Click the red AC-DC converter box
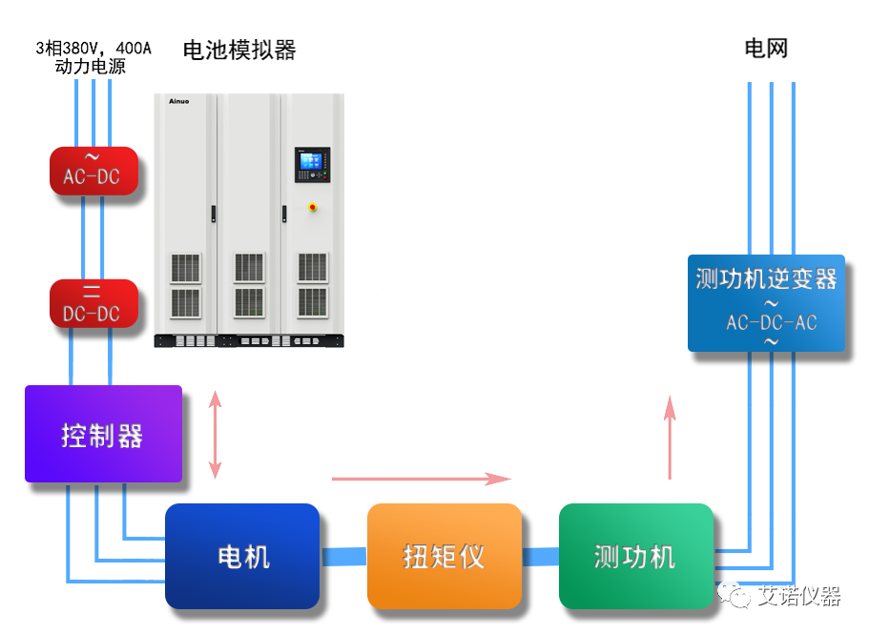click(x=93, y=171)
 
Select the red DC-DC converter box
click(x=93, y=303)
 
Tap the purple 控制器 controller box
click(x=103, y=434)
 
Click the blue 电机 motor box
click(x=242, y=556)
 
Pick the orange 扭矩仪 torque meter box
click(x=445, y=556)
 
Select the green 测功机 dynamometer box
click(x=635, y=556)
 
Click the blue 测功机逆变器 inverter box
click(x=767, y=302)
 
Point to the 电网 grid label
click(x=767, y=49)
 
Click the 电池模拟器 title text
click(x=239, y=50)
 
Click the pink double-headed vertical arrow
click(x=215, y=434)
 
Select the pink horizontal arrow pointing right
click(x=421, y=478)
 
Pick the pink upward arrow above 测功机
click(x=670, y=435)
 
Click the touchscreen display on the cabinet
click(x=311, y=165)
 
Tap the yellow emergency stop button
click(x=312, y=206)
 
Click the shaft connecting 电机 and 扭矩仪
click(x=343, y=556)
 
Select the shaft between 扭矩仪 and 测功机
click(x=540, y=556)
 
